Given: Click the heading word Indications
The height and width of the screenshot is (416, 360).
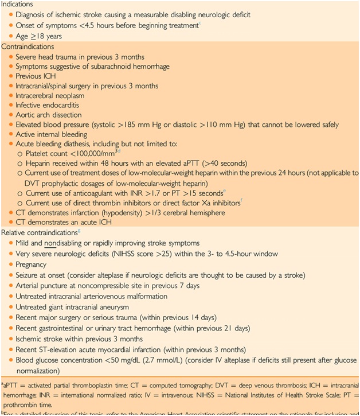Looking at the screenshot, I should (18, 5).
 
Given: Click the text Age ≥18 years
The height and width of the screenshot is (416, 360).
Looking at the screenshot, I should (39, 36).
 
